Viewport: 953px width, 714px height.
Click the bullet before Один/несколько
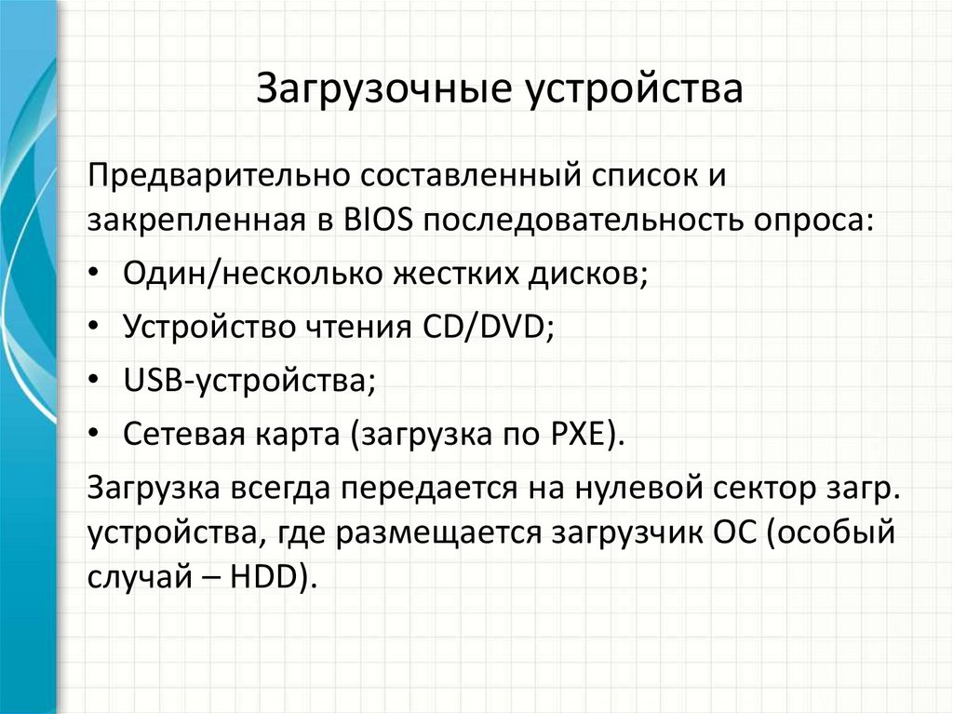click(x=99, y=275)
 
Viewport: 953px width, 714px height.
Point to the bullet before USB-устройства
click(x=99, y=382)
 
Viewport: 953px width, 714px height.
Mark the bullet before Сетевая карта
click(x=99, y=435)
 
